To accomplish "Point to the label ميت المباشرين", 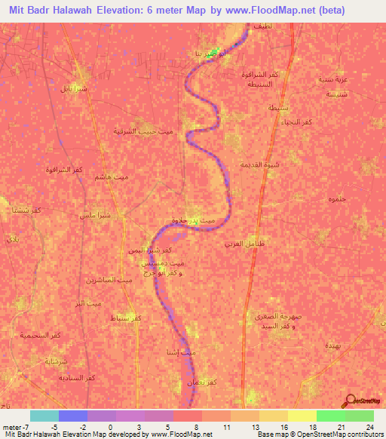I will (98, 280).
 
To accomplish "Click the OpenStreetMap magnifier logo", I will (351, 401).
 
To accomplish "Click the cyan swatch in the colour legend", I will (44, 416).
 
